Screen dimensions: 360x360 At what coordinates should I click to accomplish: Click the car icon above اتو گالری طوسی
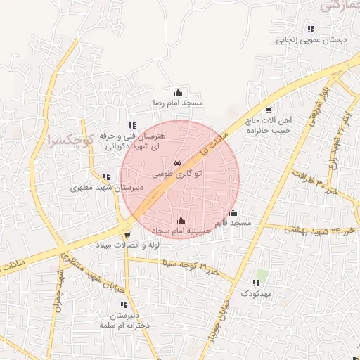click(176, 162)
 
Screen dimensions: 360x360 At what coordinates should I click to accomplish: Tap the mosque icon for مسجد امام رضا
click(178, 92)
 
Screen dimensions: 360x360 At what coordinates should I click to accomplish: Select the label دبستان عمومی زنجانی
click(311, 41)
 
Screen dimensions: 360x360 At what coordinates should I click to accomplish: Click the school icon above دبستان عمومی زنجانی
click(311, 29)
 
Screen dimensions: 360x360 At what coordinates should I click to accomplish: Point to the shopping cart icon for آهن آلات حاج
click(269, 110)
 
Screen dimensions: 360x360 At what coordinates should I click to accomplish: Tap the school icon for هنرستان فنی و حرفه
click(132, 125)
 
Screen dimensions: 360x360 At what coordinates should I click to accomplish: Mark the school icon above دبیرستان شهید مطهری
click(105, 177)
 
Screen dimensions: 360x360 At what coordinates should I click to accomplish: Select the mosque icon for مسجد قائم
click(233, 212)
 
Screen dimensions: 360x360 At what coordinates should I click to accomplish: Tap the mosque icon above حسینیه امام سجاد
click(182, 220)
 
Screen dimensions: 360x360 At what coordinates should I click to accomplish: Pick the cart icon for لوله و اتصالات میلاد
click(127, 234)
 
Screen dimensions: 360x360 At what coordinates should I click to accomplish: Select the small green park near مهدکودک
click(262, 274)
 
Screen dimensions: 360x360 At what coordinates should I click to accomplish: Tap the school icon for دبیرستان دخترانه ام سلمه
click(124, 305)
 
